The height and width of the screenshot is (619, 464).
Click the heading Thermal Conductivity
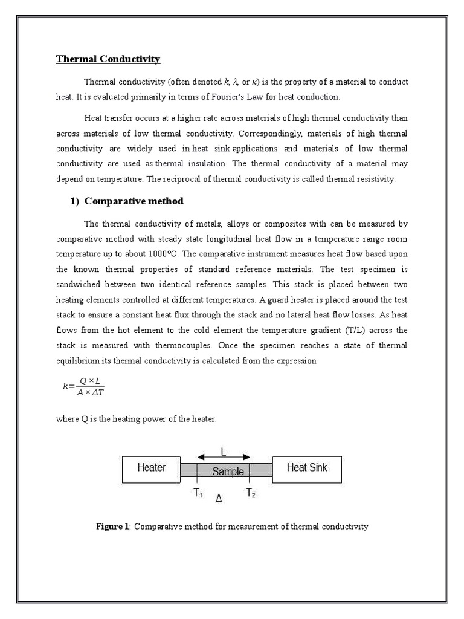(x=108, y=59)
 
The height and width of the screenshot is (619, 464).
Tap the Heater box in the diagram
(x=151, y=468)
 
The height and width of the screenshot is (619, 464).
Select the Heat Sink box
(x=308, y=468)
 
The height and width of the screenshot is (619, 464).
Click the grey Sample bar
(x=228, y=472)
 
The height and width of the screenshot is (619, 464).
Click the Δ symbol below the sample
(x=219, y=499)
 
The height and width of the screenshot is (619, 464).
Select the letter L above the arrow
(x=224, y=451)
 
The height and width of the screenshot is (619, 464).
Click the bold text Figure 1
(x=113, y=527)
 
